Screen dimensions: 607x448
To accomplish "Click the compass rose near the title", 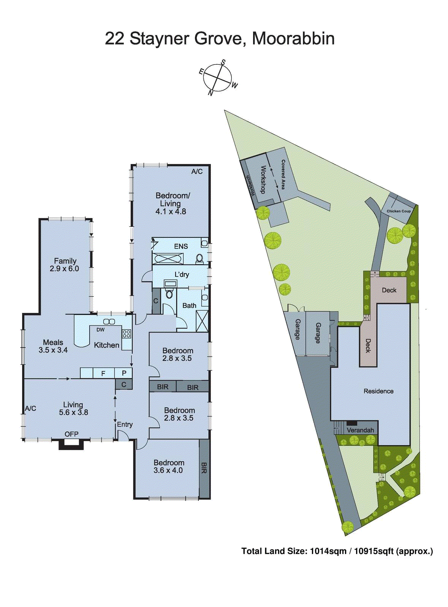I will (217, 78).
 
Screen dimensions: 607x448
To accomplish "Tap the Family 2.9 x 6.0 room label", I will (65, 265).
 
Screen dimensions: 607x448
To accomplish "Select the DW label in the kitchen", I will (100, 330).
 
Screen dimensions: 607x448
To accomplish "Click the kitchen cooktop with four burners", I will (127, 334).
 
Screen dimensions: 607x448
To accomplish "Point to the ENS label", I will (181, 246).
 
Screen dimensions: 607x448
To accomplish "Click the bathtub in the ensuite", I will (168, 259).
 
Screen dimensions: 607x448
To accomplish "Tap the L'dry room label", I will (182, 274).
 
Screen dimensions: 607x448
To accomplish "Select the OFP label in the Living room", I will (71, 434).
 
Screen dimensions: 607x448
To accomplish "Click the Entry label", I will (125, 425).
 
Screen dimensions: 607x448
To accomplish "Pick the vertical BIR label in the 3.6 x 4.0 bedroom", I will (204, 468).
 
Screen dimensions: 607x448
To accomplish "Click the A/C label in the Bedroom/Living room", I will (197, 171).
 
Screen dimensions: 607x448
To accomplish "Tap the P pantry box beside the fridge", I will (124, 373).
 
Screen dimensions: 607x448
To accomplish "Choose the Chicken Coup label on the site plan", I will (399, 211).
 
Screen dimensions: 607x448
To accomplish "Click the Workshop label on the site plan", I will (263, 179).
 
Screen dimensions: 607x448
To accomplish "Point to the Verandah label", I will (360, 430).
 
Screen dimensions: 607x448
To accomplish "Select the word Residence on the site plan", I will (378, 391).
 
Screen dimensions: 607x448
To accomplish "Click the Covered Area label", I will (283, 175).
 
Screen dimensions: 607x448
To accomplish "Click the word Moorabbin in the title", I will (293, 38).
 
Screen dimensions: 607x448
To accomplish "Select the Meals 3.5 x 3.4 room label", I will (53, 346).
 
